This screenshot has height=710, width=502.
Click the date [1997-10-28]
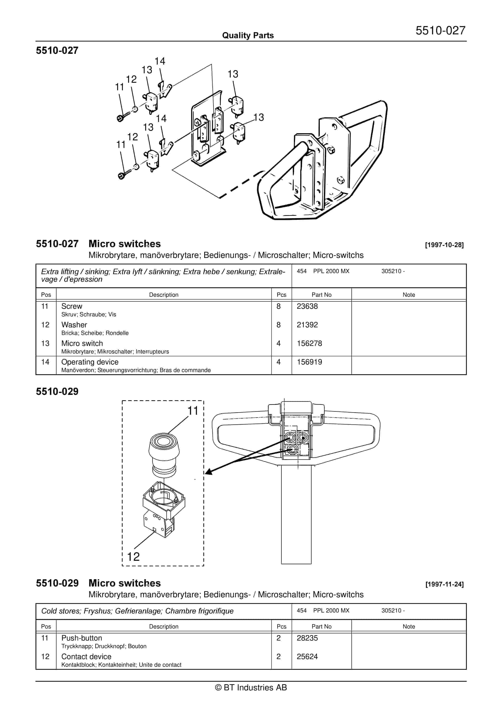[x=444, y=245]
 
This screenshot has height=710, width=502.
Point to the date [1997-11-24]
[x=444, y=584]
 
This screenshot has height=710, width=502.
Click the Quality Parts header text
[x=248, y=35]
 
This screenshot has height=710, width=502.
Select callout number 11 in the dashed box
[x=193, y=411]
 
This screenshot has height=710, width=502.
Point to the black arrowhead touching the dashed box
[x=209, y=472]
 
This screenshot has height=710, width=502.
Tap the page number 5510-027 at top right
[x=440, y=30]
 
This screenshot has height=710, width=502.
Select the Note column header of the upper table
[x=409, y=295]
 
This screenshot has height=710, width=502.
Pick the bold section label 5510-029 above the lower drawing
[x=57, y=392]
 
